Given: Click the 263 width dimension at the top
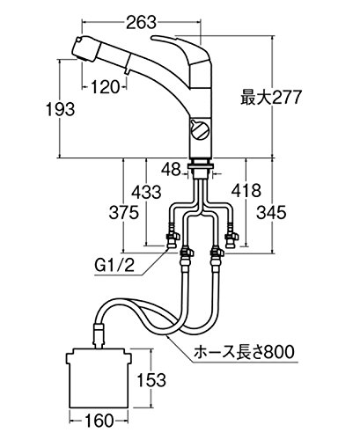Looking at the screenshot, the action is point(141,23).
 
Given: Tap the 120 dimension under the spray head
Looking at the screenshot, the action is point(106,86).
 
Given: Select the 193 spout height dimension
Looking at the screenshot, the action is point(61,109).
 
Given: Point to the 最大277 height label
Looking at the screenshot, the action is point(271,98).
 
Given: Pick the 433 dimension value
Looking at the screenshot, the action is point(146,193).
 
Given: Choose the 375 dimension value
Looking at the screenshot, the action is point(123,213).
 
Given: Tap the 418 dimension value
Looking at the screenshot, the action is point(246,191).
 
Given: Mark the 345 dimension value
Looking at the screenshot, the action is point(271,213).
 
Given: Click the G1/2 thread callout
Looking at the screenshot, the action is point(114,266).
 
